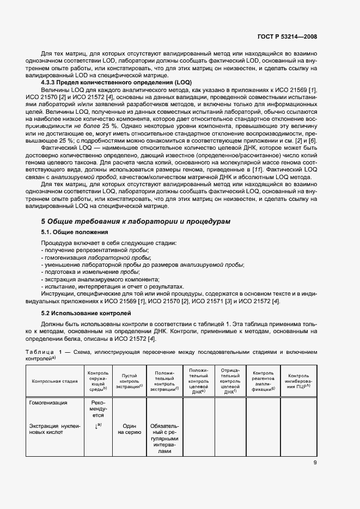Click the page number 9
[315, 463]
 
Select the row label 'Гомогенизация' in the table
[49, 403]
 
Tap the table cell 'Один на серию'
[129, 429]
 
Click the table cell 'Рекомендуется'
[98, 409]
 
